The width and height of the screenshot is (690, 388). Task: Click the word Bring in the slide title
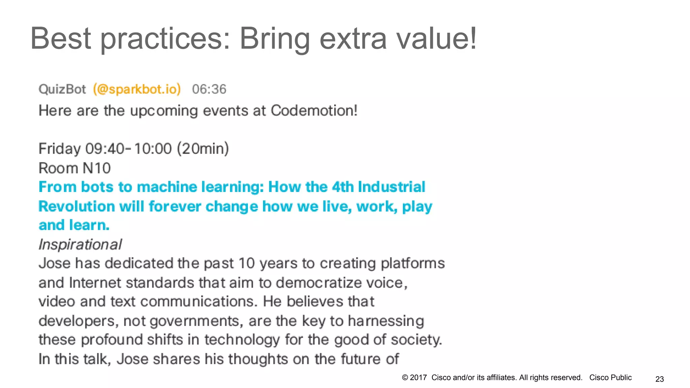click(x=274, y=39)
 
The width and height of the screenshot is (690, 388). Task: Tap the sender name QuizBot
click(x=62, y=89)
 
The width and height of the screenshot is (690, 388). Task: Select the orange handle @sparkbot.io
click(x=137, y=89)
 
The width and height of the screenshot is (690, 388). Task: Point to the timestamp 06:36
click(x=209, y=89)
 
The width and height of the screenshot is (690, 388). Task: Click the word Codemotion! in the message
click(x=314, y=110)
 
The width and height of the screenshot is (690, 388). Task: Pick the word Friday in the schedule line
click(x=60, y=149)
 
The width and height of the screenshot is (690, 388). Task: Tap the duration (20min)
click(x=203, y=149)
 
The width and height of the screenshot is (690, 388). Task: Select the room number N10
click(x=97, y=168)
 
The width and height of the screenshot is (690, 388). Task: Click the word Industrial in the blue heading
click(x=391, y=187)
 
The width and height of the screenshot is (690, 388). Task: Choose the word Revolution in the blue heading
click(x=76, y=206)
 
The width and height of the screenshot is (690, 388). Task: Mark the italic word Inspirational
click(x=80, y=245)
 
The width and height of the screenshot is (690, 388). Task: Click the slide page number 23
click(x=659, y=379)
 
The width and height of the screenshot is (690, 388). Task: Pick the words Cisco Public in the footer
click(x=610, y=378)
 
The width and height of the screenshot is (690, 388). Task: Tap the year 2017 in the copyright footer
click(x=418, y=378)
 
